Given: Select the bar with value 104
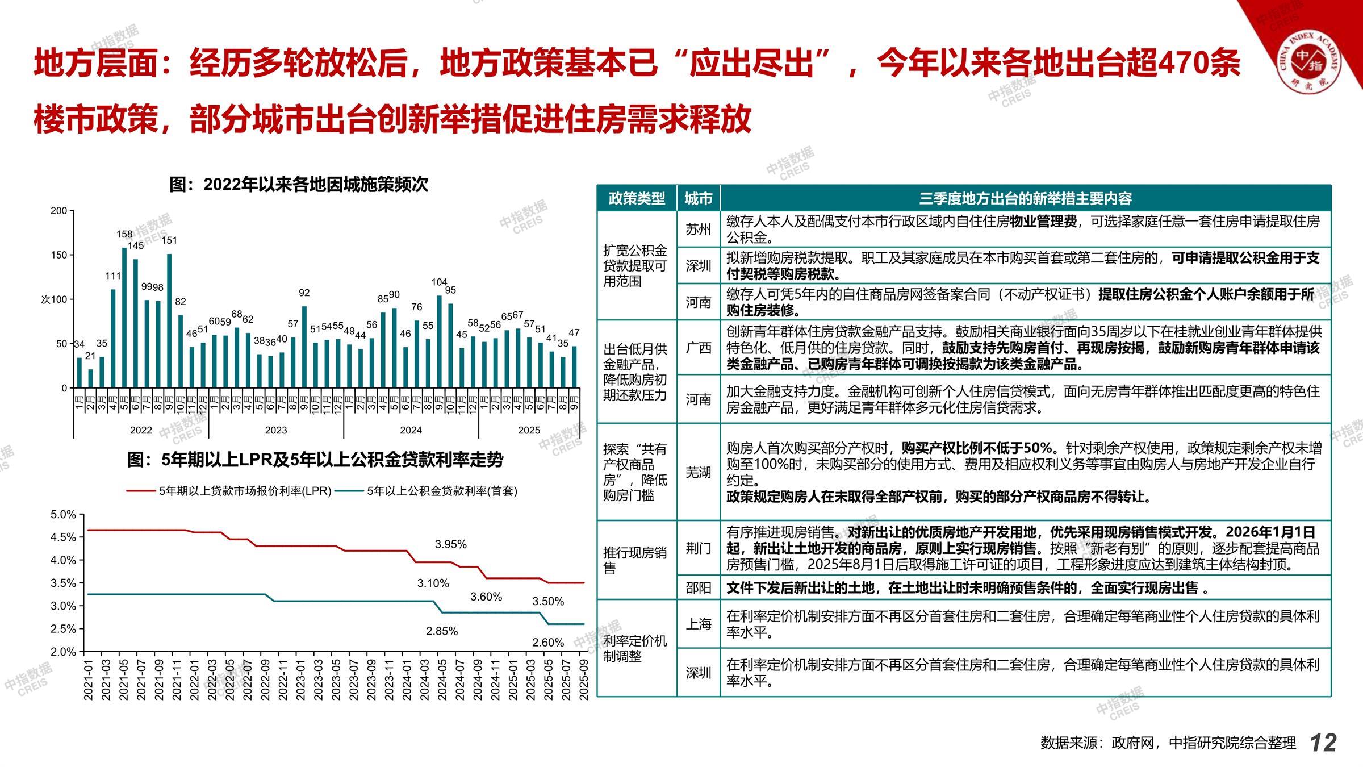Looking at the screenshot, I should pos(439,341).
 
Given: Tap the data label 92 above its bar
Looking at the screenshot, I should pos(304,293).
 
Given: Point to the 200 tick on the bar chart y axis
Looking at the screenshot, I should pos(59,211).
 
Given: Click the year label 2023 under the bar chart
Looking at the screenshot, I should pos(276,430).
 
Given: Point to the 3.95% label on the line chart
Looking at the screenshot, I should pos(451,544).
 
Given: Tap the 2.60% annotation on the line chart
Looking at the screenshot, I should pos(548,643).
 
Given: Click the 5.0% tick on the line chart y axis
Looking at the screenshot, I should pos(64,515).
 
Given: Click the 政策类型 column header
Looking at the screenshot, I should pos(637,199).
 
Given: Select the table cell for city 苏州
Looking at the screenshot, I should pos(698,230).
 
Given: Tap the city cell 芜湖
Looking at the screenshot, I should pos(698,472).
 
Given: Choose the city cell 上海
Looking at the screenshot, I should pos(698,624).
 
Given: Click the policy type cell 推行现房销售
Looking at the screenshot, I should pos(635,560).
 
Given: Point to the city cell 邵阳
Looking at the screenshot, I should pos(698,588).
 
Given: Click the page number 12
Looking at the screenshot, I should pos(1323,743).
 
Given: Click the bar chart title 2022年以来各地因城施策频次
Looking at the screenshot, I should pos(299,185).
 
